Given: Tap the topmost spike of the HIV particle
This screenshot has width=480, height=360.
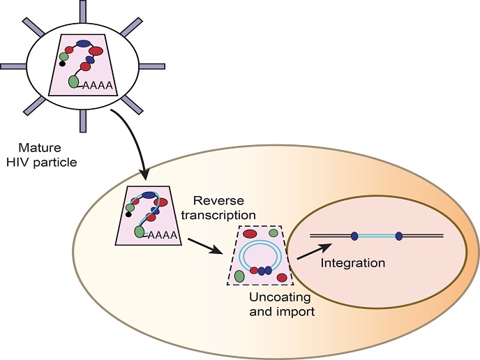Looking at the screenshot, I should tap(83, 10).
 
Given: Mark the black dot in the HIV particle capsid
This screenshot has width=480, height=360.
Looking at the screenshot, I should tap(62, 63).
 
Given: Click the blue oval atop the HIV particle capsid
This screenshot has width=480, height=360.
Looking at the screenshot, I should tap(83, 43).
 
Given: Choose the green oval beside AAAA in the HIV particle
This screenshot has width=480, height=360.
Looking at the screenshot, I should tap(74, 82).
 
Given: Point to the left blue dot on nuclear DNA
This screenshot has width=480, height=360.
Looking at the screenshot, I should tap(354, 236).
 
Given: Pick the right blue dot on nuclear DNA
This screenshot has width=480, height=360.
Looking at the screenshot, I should tap(399, 236).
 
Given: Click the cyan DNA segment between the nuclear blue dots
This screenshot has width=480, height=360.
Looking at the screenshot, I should tap(377, 236).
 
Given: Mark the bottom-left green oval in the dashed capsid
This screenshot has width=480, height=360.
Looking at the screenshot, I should tap(240, 276).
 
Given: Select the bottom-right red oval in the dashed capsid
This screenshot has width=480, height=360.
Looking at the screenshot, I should tap(282, 278).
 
